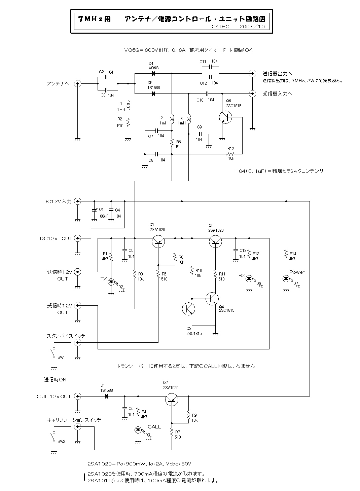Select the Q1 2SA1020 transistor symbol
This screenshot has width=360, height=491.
(158, 241)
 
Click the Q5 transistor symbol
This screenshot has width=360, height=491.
(215, 241)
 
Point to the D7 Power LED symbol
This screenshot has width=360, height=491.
(286, 278)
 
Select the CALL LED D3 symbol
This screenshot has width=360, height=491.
(138, 430)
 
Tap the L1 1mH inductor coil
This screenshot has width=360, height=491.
(128, 106)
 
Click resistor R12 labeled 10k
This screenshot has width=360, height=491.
(230, 154)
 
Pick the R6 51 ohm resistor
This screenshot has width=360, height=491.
(172, 143)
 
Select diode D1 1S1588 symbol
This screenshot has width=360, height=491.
(106, 396)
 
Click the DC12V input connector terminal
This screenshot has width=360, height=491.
(77, 201)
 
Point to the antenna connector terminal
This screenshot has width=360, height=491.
(77, 84)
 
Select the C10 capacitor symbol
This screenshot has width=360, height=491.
(207, 93)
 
